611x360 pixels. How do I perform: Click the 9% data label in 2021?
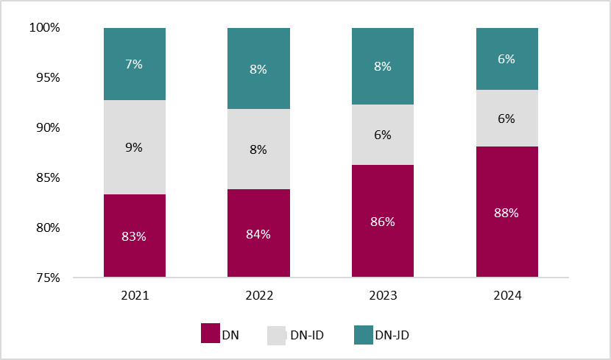coord(134,147)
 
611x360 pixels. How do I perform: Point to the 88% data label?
coord(506,213)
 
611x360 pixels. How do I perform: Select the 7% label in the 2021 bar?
coord(134,64)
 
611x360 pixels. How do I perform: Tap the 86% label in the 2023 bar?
coord(382,222)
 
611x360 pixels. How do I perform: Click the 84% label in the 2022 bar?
coord(258,234)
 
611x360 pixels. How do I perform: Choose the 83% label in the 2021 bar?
coord(134,236)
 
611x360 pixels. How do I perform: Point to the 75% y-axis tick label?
coord(46,278)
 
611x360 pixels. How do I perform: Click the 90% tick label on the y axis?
coord(46,128)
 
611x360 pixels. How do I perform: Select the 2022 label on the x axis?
coord(258,296)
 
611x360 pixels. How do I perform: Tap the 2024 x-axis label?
coord(506,296)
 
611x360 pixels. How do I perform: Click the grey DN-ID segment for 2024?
coord(506,119)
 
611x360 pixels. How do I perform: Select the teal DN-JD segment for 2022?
coord(258,68)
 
